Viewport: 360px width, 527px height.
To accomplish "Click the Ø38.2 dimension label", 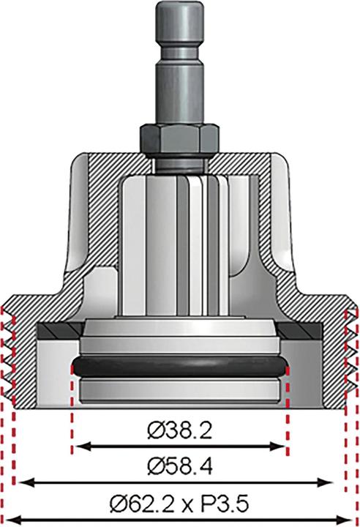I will [x=180, y=432].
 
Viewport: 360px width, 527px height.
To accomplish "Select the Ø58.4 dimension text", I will [x=180, y=466].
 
